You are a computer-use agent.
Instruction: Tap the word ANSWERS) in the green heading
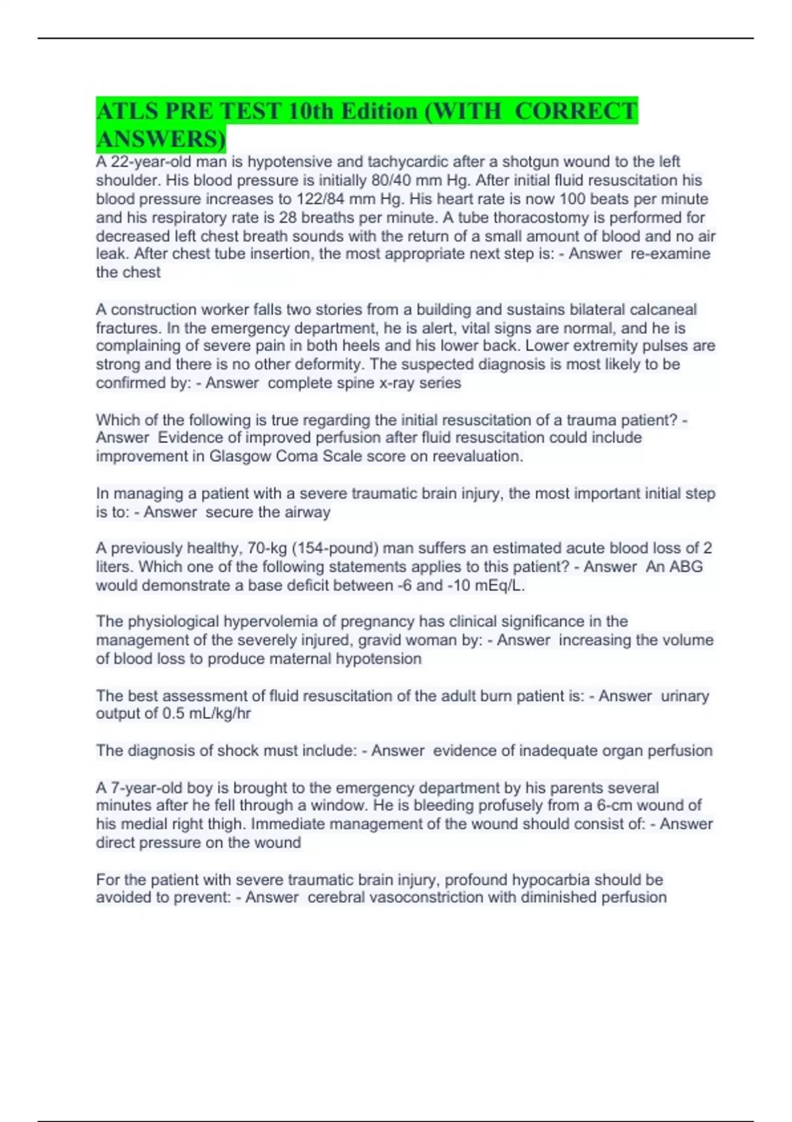click(x=160, y=139)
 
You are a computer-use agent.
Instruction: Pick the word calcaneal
click(x=663, y=309)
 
